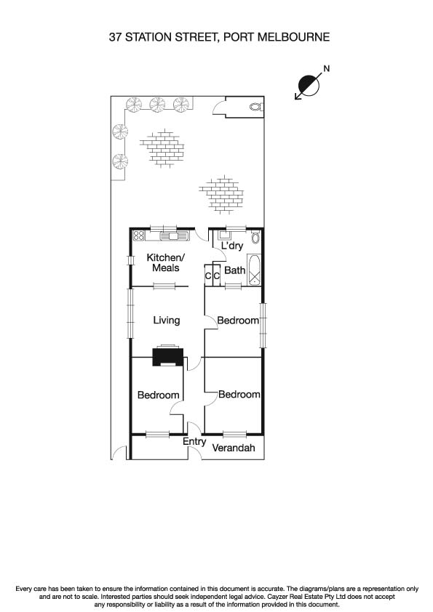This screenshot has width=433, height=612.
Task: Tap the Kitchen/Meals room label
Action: pos(166,263)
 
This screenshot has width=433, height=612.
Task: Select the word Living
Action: pos(166,320)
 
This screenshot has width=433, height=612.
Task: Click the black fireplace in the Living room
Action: pos(167,356)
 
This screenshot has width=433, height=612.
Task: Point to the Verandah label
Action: pos(234,448)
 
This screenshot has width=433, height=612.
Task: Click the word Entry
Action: pos(194,441)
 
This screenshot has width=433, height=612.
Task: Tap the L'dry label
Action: pos(231,246)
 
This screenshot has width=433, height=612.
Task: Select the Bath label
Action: pos(234,270)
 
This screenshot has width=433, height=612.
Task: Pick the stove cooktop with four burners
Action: pos(139,235)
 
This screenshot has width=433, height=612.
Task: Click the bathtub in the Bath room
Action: pos(254,270)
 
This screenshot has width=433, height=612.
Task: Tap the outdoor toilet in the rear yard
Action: pos(254,106)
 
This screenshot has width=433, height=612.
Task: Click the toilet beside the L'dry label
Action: pos(255,238)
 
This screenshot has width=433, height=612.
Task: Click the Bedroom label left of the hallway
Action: pos(159,395)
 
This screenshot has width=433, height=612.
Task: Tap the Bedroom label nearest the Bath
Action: pos(239,321)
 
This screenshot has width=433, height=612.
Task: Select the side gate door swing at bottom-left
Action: pos(120,452)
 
